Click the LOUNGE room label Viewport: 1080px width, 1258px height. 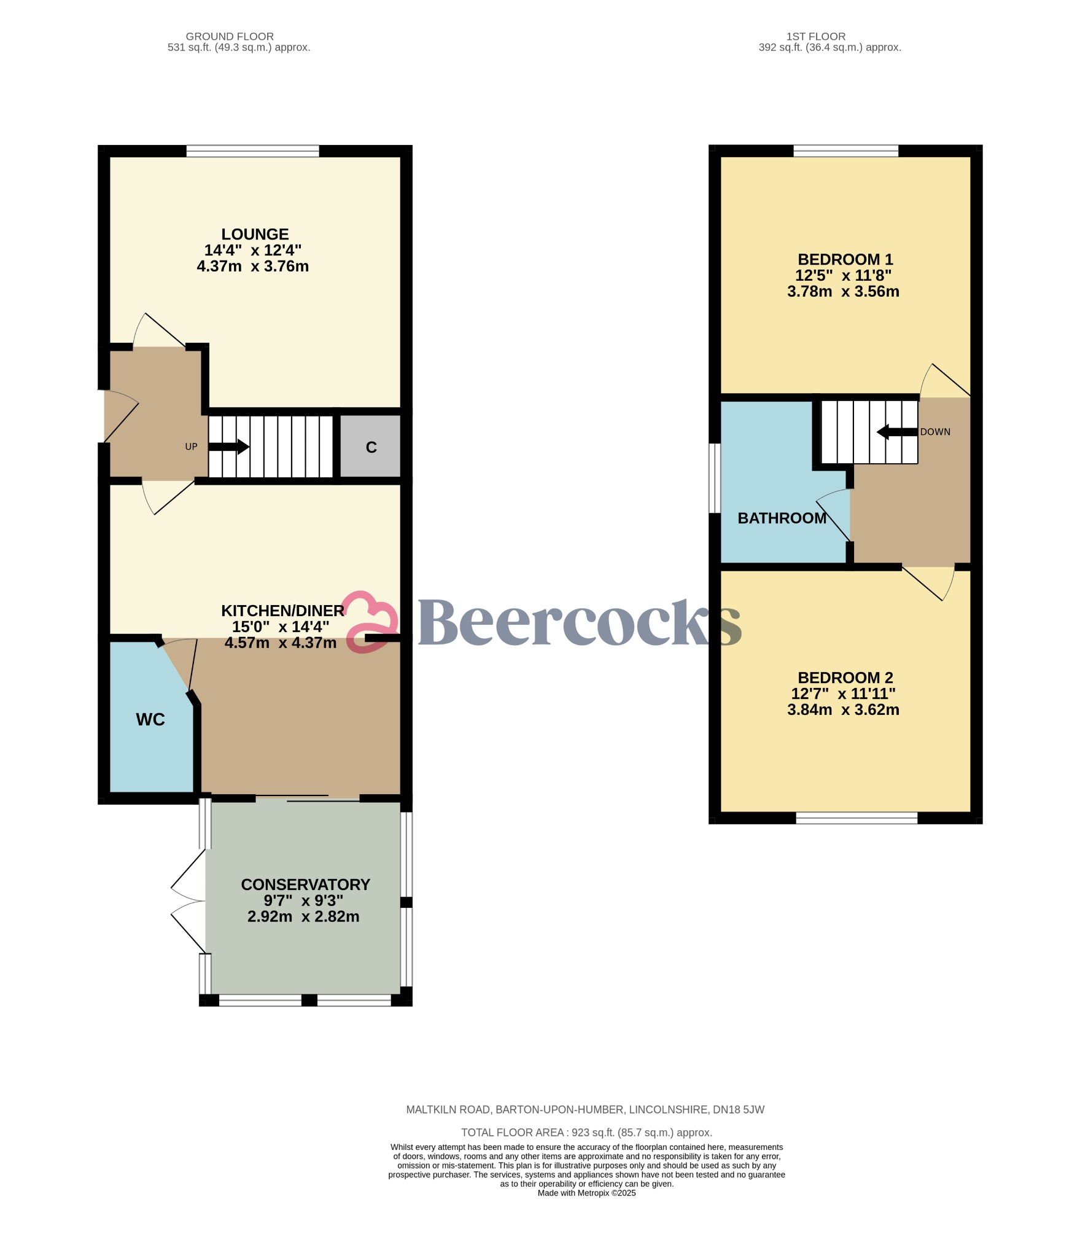click(255, 234)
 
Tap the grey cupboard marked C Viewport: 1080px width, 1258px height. click(371, 447)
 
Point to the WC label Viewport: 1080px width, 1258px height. click(150, 719)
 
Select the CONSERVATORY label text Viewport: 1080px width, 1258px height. click(305, 884)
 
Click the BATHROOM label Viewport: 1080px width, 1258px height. click(782, 518)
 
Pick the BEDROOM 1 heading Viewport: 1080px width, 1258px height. click(845, 259)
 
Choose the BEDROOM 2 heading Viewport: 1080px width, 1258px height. click(845, 678)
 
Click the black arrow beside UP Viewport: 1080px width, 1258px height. click(229, 447)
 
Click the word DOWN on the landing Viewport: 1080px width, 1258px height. click(935, 432)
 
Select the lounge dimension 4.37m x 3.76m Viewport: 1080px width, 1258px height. click(252, 266)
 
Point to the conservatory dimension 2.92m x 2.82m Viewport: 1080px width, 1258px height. click(303, 916)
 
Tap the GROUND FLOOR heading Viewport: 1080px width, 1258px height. click(230, 36)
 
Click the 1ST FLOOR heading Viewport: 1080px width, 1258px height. click(815, 36)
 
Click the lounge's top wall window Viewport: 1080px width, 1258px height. click(252, 150)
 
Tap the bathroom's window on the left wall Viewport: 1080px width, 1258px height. click(714, 478)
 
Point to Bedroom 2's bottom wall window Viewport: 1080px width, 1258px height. click(857, 818)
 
